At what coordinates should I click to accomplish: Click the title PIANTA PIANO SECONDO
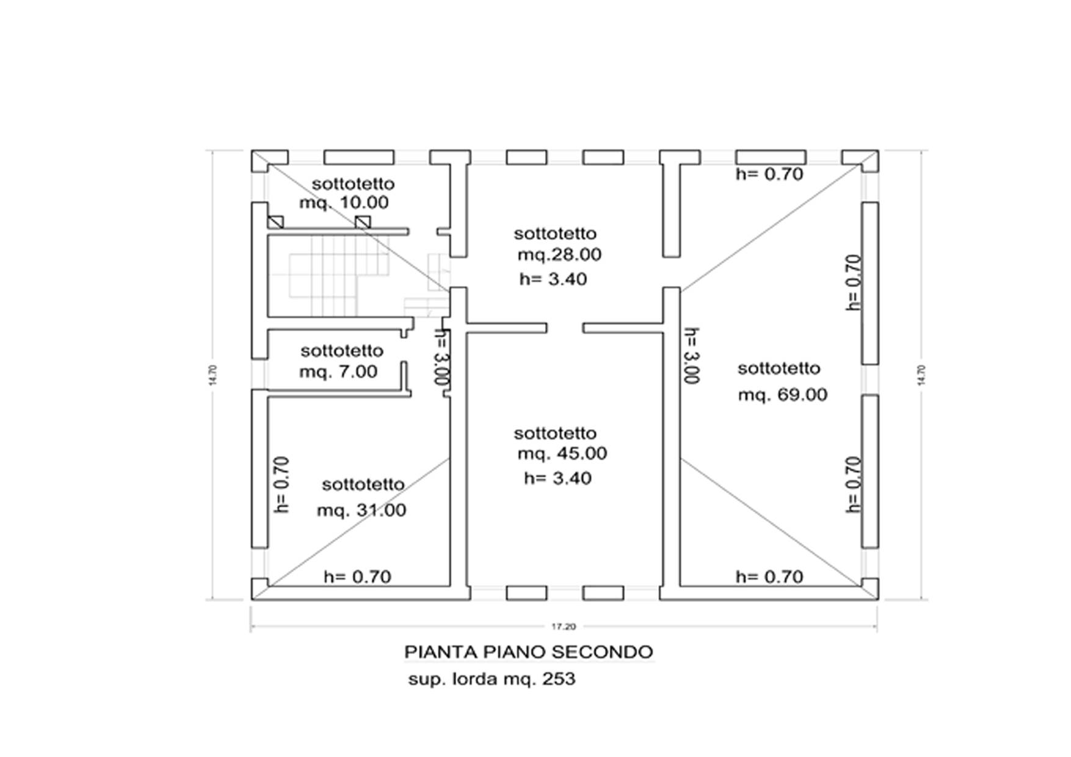(529, 652)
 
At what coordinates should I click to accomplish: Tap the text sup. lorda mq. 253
(492, 679)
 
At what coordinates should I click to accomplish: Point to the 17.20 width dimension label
(563, 626)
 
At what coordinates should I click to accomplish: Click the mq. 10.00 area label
(344, 203)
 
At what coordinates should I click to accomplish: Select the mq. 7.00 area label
(338, 371)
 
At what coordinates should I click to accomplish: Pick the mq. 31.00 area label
(361, 510)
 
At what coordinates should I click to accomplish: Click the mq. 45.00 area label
(562, 454)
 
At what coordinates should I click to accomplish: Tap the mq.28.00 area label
(559, 255)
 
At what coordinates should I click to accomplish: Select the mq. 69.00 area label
(783, 395)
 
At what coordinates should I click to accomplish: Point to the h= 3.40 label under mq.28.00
(553, 280)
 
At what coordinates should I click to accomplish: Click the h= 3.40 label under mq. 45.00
(557, 478)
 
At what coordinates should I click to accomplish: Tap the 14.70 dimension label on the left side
(212, 374)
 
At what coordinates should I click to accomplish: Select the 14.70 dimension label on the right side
(921, 374)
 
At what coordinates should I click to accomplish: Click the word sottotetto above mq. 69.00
(779, 369)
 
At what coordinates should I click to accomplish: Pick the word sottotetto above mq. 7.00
(342, 351)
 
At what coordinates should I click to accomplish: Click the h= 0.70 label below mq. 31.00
(357, 577)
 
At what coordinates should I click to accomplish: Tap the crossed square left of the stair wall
(276, 222)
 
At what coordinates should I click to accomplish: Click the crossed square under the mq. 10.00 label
(363, 222)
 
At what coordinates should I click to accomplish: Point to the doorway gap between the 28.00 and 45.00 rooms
(565, 328)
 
